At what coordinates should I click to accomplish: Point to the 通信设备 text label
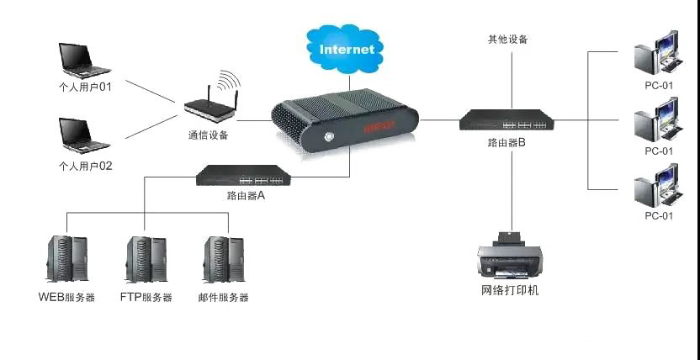click(x=208, y=134)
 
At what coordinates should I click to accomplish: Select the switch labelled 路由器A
click(x=244, y=175)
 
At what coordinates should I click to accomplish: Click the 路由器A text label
click(x=246, y=195)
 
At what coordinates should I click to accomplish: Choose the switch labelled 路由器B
click(x=506, y=120)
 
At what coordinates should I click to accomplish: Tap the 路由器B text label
click(x=506, y=143)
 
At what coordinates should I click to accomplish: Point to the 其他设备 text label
click(x=508, y=39)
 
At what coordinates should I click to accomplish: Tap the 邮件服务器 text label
click(x=223, y=297)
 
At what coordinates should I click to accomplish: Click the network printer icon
click(x=508, y=254)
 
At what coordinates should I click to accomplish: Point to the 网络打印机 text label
click(x=510, y=290)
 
